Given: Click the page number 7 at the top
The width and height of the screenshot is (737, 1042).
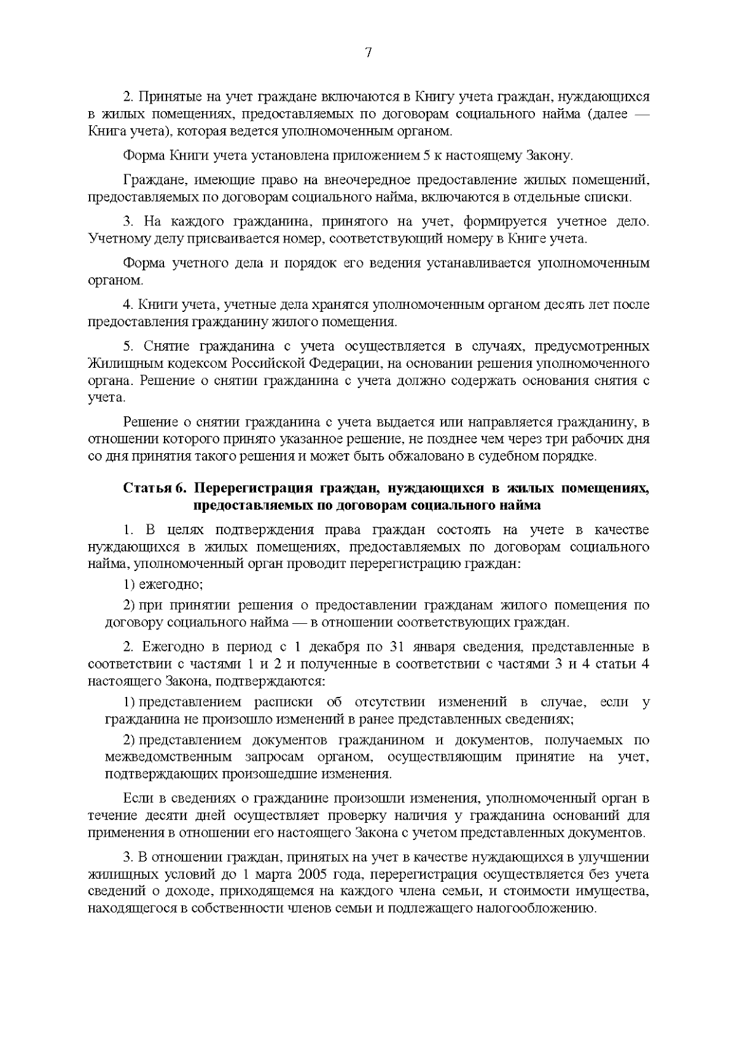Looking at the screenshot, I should point(368,53).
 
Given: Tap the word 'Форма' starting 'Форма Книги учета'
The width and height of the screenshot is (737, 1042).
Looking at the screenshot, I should point(143,155).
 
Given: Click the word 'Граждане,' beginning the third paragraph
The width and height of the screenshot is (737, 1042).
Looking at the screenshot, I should point(150,181).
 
